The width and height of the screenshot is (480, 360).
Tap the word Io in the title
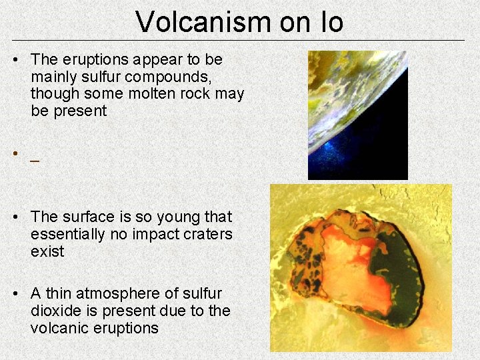pyautogui.click(x=329, y=22)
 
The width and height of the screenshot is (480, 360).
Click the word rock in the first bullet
pyautogui.click(x=197, y=94)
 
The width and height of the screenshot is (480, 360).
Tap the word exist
pyautogui.click(x=47, y=251)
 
